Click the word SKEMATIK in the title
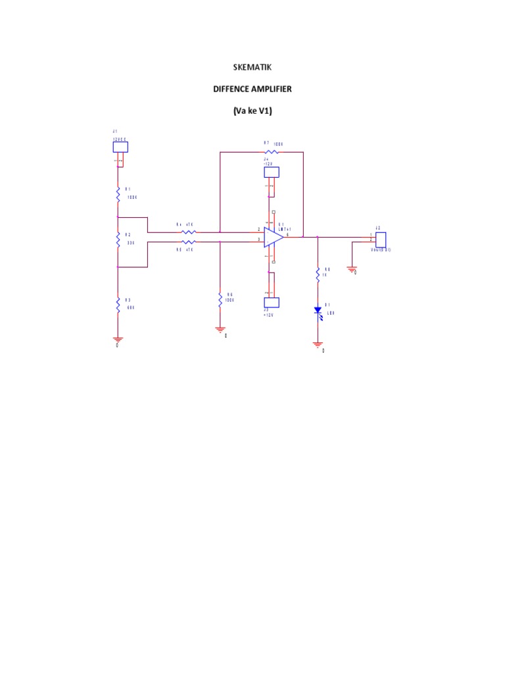252,67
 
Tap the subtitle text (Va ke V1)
252,111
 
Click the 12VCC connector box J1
120,147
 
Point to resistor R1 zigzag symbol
118,194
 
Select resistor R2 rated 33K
118,240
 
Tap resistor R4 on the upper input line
189,232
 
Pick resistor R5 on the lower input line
189,242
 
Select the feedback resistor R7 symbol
271,152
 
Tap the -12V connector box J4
271,172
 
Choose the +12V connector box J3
271,302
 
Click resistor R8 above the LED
318,272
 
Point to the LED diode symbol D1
318,309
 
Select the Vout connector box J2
380,240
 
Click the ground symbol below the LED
318,344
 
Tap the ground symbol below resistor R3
118,339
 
